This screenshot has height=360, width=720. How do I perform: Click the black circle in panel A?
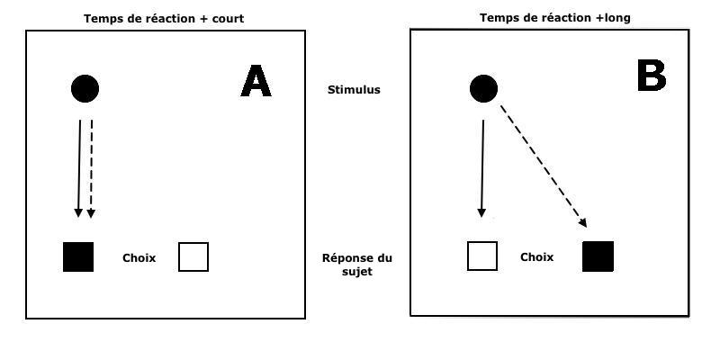point(85,88)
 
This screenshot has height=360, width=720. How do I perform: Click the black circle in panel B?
point(484,88)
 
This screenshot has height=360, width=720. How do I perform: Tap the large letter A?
point(256,82)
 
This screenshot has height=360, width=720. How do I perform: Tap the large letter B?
point(651,76)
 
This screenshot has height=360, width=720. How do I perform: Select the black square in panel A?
point(78,256)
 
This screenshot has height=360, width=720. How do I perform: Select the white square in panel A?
point(193,256)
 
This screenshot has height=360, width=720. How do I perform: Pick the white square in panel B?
point(482,256)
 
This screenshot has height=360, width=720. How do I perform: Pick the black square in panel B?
point(598,256)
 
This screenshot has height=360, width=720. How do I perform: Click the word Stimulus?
point(355,90)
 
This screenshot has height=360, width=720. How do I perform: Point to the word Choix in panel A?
point(139,258)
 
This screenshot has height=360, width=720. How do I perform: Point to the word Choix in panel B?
point(536,257)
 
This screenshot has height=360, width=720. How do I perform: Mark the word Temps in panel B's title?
point(498,17)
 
